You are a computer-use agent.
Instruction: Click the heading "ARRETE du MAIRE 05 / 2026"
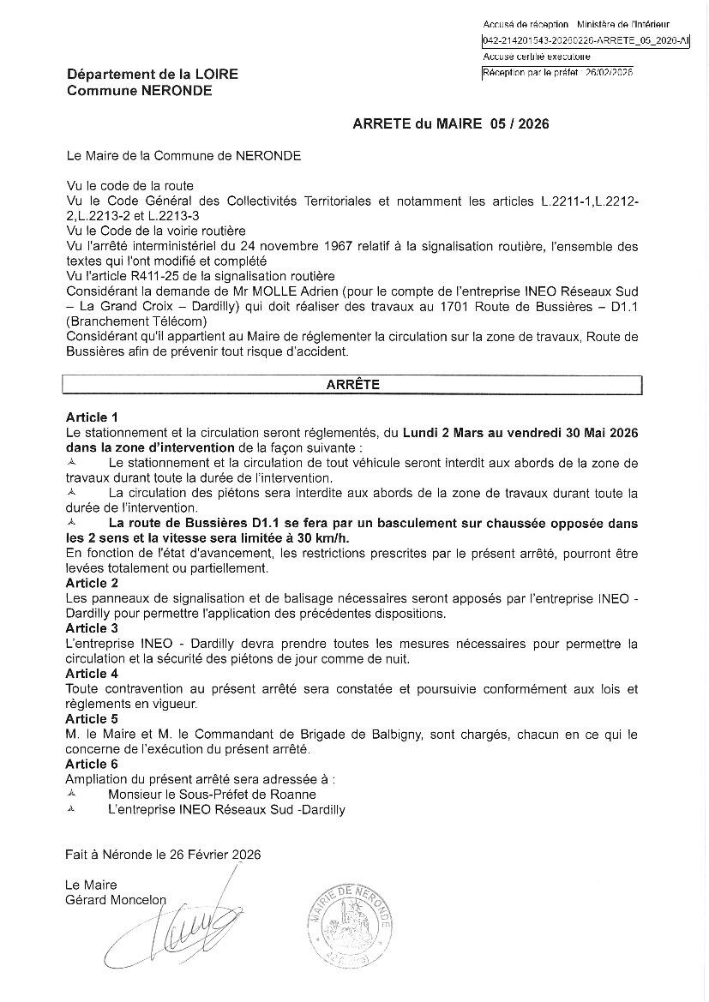click(450, 124)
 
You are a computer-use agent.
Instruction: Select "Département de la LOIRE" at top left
click(153, 75)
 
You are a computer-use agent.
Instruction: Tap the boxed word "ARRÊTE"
click(352, 385)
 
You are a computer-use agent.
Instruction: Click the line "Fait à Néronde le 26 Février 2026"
click(163, 854)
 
